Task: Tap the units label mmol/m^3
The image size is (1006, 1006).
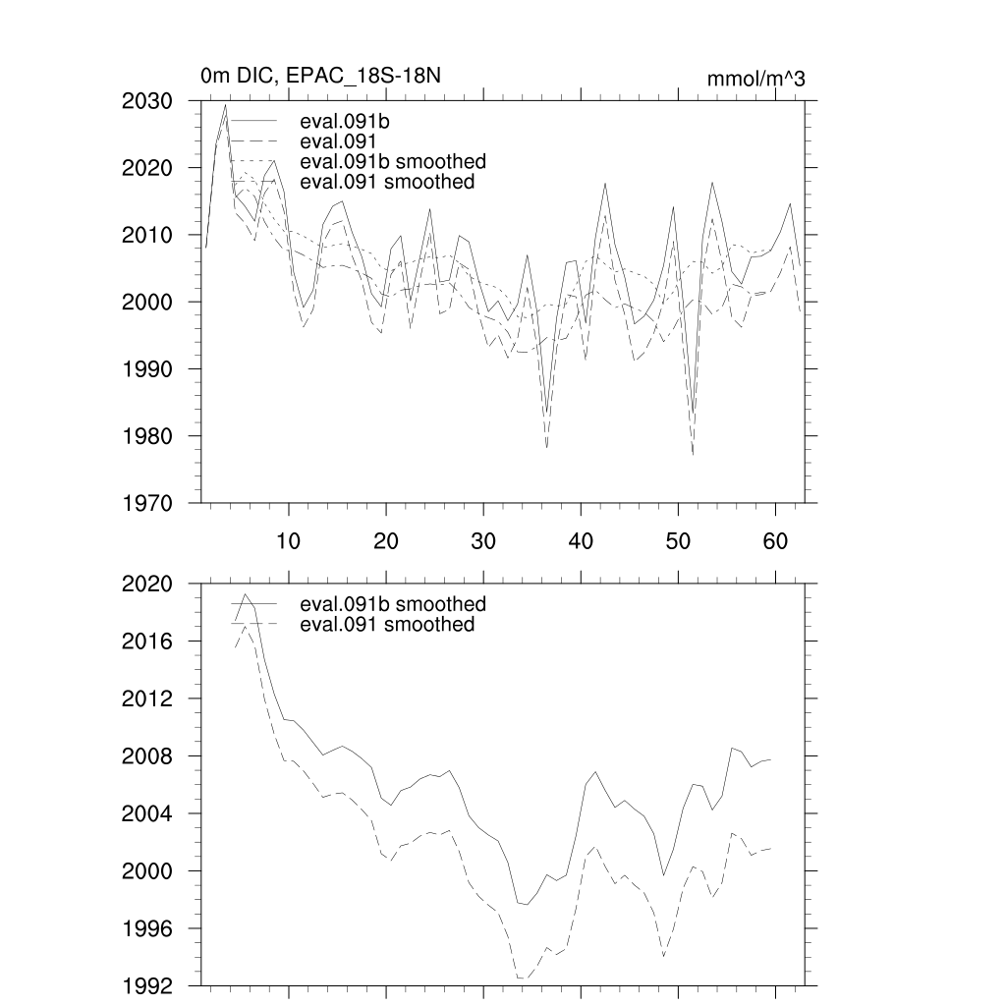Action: point(755,79)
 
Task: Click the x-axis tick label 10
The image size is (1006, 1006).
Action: point(289,540)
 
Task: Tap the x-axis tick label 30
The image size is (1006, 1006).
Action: point(482,540)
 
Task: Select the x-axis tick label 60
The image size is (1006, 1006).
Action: point(775,540)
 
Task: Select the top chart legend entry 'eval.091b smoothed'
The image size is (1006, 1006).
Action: point(392,161)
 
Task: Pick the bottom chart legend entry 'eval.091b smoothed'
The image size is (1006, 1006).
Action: point(392,603)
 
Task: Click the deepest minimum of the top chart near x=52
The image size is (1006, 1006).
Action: point(693,454)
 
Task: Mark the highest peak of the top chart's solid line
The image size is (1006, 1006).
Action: point(225,105)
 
